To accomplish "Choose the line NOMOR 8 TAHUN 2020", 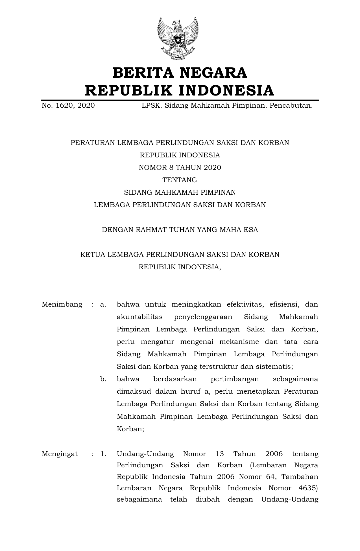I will [x=180, y=168].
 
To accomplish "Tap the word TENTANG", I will [x=180, y=180].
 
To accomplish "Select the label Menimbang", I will [x=62, y=305].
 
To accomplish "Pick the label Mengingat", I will [x=60, y=454].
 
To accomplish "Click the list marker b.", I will [x=103, y=379].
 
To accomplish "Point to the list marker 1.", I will [x=103, y=454].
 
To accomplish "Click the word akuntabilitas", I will [x=139, y=317].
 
